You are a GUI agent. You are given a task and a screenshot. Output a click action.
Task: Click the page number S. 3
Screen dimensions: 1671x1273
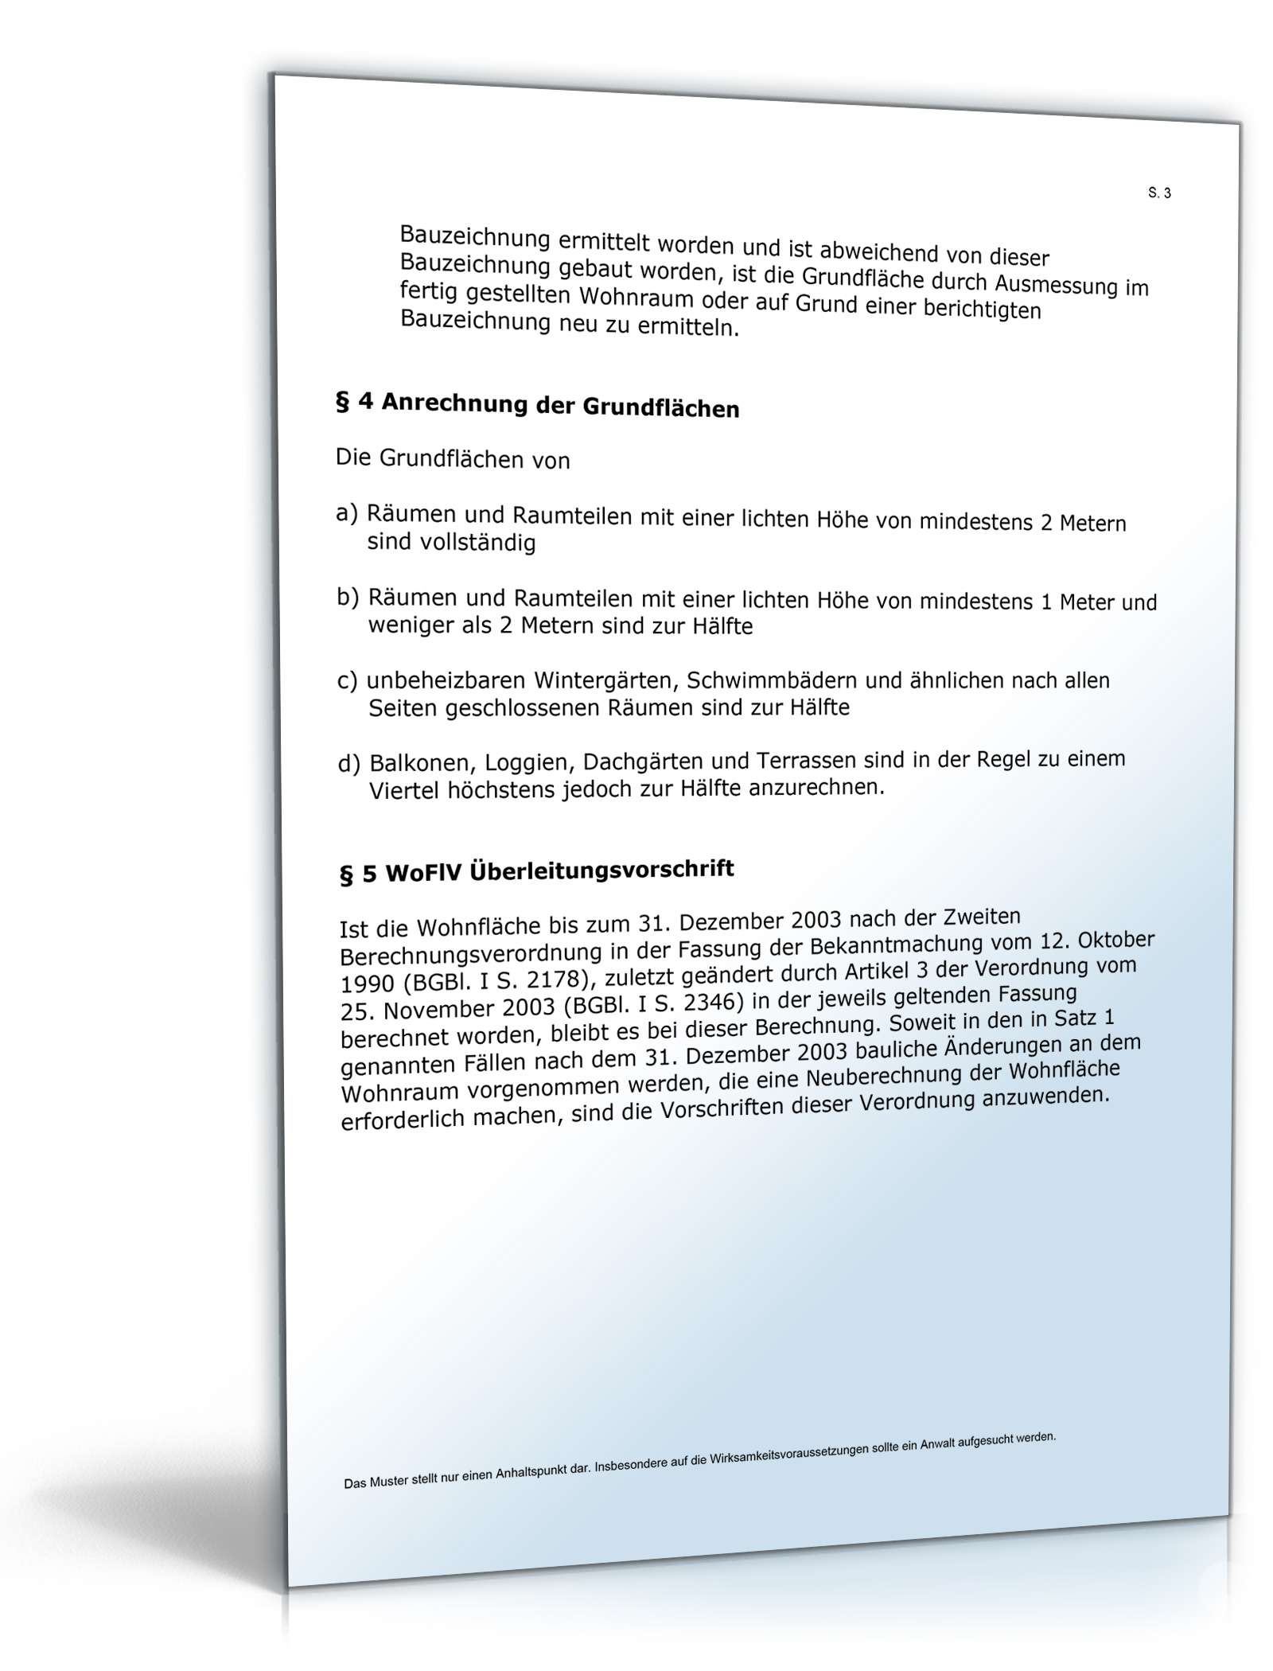pos(1159,193)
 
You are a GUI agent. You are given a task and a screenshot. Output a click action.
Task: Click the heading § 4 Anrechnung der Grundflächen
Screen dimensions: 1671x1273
pos(538,405)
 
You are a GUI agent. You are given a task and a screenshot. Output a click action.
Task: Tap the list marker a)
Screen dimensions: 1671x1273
pos(348,513)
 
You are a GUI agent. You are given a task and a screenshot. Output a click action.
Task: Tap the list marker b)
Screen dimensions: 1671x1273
pos(348,596)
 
